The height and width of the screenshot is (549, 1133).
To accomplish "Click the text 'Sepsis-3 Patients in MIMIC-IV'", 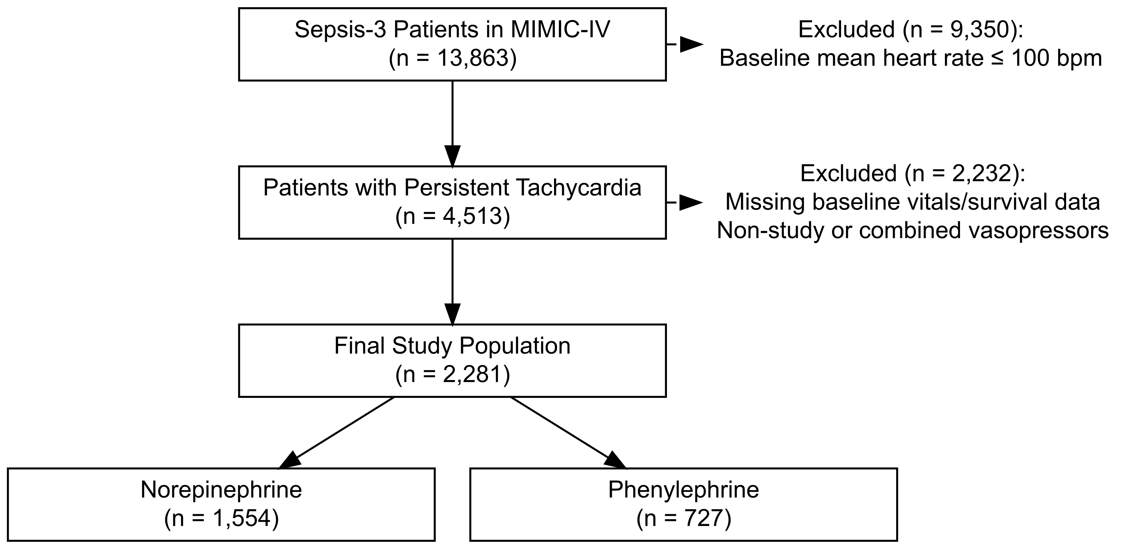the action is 452,30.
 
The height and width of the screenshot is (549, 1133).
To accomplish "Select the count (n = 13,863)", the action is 452,59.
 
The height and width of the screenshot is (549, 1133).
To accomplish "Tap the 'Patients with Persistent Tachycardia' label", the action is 452,188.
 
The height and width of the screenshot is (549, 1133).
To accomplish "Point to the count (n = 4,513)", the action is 452,217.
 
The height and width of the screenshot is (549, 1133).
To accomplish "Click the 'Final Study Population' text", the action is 452,346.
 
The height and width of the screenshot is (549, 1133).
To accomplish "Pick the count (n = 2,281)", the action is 452,375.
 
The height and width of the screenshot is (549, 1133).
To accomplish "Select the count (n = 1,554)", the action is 221,518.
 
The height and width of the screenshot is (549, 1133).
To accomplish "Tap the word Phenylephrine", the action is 684,490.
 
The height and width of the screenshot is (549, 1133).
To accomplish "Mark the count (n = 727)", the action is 684,518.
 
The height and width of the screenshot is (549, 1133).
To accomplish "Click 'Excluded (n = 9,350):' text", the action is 911,30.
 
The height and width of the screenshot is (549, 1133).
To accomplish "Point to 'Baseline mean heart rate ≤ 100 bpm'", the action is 911,59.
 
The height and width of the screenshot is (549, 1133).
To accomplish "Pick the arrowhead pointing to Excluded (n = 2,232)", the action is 692,203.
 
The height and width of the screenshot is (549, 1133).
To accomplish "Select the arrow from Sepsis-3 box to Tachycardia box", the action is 452,124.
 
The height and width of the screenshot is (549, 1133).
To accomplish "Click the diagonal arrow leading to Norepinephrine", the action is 337,432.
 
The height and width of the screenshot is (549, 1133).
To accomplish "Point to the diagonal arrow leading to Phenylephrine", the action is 568,432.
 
